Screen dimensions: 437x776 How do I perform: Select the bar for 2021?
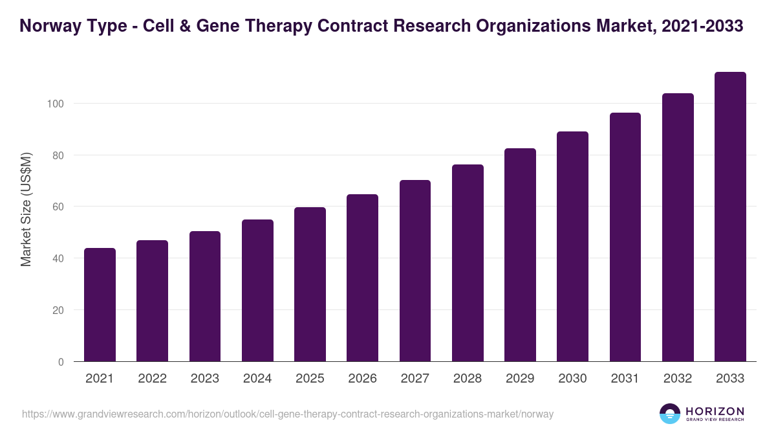click(x=100, y=304)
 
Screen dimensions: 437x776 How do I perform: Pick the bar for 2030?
click(x=573, y=246)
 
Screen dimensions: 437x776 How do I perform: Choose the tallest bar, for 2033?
click(x=730, y=216)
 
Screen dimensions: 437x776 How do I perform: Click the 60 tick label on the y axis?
click(x=58, y=207)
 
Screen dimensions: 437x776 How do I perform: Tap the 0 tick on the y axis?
click(x=61, y=362)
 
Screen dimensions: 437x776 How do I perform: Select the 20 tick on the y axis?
click(x=58, y=310)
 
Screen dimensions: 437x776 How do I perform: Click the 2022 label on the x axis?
click(x=152, y=379)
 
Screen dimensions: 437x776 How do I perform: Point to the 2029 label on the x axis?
click(x=520, y=379)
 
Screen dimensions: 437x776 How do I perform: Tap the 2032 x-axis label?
click(x=678, y=379)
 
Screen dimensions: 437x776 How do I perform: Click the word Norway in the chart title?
click(x=48, y=26)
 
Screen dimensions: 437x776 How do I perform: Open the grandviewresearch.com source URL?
click(x=288, y=414)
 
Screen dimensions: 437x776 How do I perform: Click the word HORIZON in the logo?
click(x=715, y=410)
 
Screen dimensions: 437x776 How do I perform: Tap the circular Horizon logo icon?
click(x=670, y=414)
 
